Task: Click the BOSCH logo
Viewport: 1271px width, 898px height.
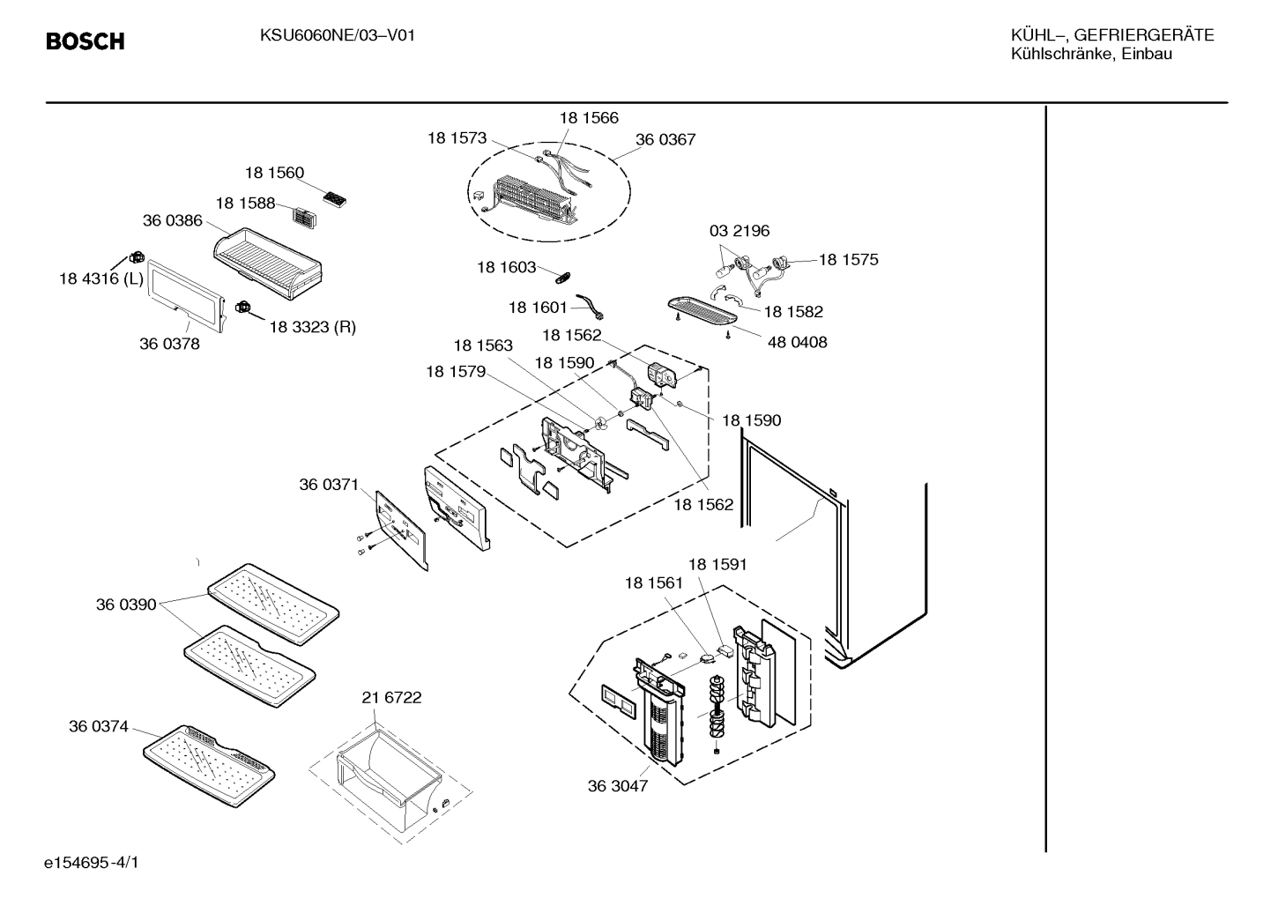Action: [85, 41]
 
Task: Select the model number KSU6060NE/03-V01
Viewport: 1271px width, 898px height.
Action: [338, 36]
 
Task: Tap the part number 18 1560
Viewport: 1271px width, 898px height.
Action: [274, 173]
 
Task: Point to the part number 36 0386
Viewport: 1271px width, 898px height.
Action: [172, 220]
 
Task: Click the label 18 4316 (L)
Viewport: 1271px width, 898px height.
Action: [101, 278]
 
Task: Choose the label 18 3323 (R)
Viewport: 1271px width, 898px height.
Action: [313, 327]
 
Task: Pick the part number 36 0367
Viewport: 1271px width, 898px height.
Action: [665, 139]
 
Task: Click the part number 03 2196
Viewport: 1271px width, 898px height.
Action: [740, 231]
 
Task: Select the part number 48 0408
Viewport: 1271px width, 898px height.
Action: [797, 342]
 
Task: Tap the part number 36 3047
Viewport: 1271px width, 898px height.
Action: [617, 786]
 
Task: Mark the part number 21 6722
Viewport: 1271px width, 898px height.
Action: [391, 697]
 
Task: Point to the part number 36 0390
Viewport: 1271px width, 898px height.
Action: [126, 605]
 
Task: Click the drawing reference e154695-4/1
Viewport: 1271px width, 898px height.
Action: [92, 863]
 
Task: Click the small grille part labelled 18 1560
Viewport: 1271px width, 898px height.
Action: [334, 199]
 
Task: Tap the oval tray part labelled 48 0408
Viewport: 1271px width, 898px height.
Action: [702, 311]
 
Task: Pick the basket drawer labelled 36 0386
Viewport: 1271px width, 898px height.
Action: [268, 263]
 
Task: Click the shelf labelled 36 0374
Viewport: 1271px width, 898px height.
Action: [209, 766]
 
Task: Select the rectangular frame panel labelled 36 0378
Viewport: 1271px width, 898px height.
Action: [187, 296]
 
